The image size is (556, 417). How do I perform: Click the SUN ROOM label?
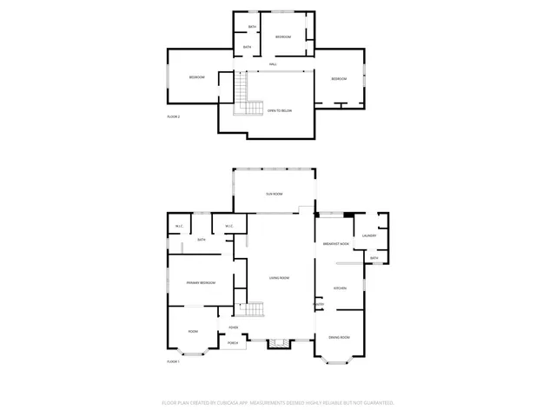(x=275, y=194)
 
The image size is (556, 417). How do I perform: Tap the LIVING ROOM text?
(x=279, y=277)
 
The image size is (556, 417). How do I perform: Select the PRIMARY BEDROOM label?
(x=201, y=283)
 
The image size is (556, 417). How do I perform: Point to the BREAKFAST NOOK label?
(x=335, y=244)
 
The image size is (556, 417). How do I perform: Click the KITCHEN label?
(x=340, y=288)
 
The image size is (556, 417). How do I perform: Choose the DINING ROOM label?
(x=339, y=337)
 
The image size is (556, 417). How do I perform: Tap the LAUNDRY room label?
(x=368, y=236)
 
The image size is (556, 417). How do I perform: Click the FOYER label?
(x=234, y=328)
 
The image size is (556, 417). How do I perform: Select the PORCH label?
(x=233, y=344)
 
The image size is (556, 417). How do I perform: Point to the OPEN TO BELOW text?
(x=279, y=111)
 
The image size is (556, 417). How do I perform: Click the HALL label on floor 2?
(x=273, y=64)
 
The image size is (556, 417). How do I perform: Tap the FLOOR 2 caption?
(x=173, y=116)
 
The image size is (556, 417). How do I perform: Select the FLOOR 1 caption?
(x=173, y=361)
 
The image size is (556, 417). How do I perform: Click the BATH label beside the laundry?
(x=374, y=258)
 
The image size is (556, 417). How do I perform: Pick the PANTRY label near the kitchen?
(x=319, y=305)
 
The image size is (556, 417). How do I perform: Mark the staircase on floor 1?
(x=251, y=311)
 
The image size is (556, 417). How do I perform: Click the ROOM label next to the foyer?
(x=193, y=331)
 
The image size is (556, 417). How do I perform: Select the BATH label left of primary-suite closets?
(x=201, y=240)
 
